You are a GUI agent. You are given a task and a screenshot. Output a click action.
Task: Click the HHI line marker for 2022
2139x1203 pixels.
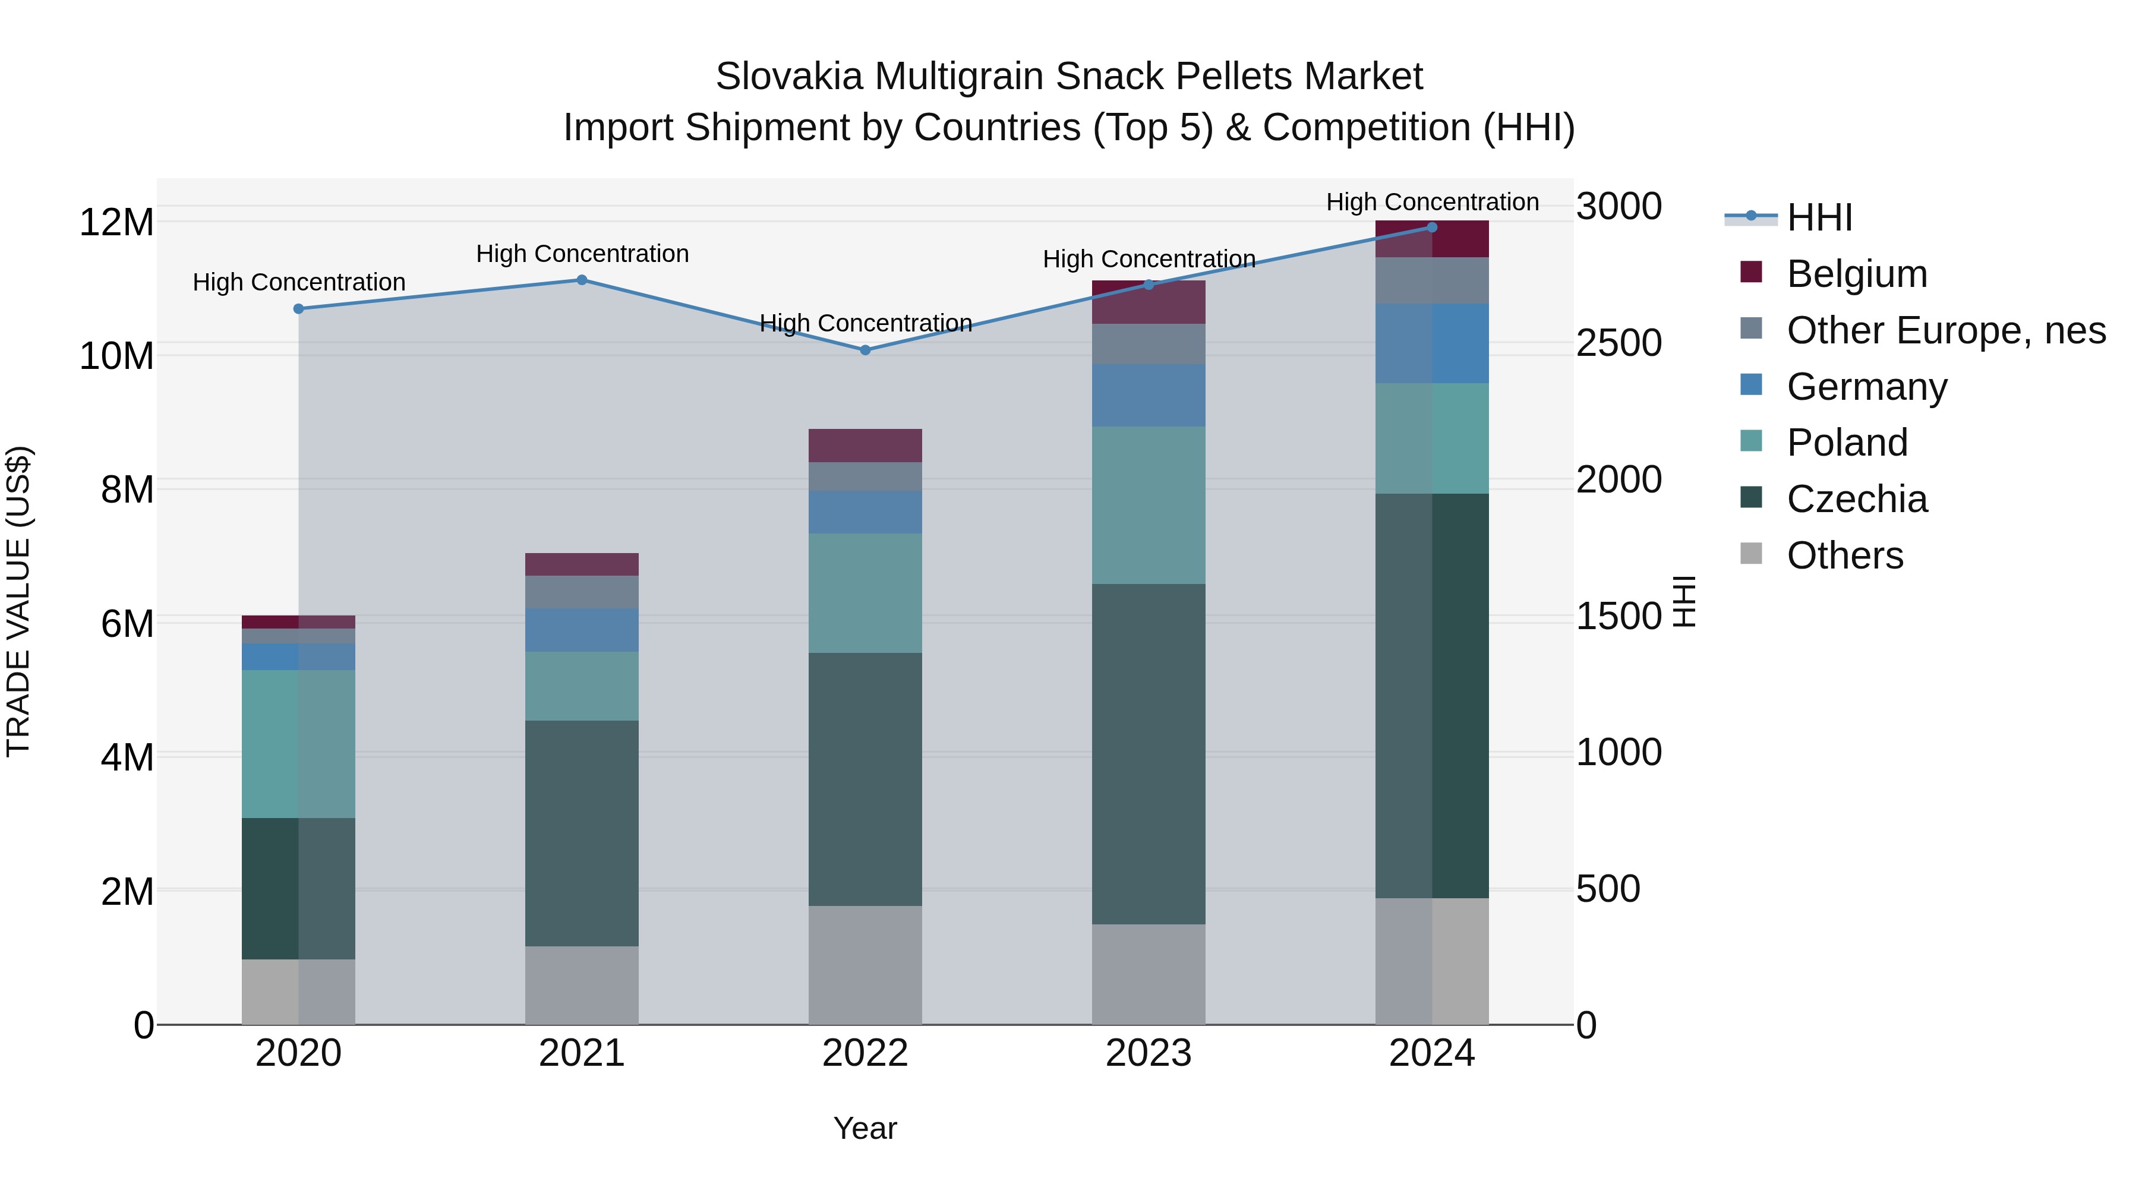click(865, 351)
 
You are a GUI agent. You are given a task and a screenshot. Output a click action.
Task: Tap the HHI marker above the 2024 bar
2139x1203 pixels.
click(1431, 228)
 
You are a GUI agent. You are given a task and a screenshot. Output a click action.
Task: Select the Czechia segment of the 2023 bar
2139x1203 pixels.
click(1149, 754)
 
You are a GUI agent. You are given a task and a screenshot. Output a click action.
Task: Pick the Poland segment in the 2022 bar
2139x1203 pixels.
click(865, 593)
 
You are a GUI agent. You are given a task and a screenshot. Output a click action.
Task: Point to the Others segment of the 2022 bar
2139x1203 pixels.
click(865, 965)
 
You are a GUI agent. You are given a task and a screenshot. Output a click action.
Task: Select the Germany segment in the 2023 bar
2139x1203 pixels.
click(1149, 395)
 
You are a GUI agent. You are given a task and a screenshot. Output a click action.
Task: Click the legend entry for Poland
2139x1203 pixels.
click(1847, 443)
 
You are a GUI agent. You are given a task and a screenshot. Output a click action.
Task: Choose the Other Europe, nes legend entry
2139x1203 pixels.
click(1945, 330)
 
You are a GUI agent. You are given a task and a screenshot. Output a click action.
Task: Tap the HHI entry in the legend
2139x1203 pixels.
click(1819, 217)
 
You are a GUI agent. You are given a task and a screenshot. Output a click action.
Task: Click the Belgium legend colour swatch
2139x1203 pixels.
click(1751, 272)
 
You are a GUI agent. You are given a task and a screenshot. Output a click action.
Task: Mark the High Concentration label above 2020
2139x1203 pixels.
click(299, 282)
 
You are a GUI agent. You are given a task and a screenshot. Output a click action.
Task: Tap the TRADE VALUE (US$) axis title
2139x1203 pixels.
click(18, 601)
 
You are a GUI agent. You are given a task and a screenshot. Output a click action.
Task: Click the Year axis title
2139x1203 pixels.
click(865, 1128)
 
